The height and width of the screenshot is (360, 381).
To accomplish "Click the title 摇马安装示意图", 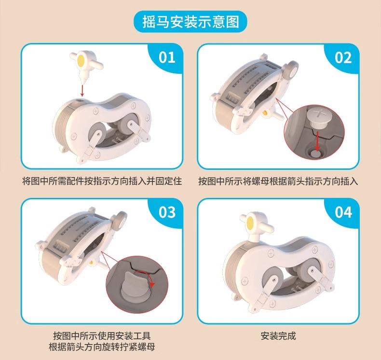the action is pos(190,22).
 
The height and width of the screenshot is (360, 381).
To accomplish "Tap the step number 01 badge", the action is pos(167,57).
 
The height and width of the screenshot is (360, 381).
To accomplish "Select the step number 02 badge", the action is pos(343,58).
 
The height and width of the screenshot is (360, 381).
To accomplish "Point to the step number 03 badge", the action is pos(167,212).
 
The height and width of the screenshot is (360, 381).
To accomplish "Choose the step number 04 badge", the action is pos(343,212).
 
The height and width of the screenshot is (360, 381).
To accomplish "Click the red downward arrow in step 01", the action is pos(82,90).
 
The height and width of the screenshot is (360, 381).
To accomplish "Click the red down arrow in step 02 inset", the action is pos(317,141).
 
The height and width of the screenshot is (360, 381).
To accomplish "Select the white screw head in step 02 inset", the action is pos(316,118).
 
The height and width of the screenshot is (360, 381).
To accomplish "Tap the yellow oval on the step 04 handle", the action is pos(250,223).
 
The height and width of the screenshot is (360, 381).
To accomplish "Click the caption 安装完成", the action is pos(278,336).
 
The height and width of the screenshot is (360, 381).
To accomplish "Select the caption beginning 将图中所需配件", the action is pos(102,181).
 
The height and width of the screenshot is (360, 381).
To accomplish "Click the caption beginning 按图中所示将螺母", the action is pos(278,181).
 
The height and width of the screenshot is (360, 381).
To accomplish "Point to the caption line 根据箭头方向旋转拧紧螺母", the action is pos(102,346).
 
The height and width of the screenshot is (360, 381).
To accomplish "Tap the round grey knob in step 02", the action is pos(291,69).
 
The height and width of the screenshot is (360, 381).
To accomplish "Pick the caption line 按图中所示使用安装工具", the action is pos(102,336).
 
